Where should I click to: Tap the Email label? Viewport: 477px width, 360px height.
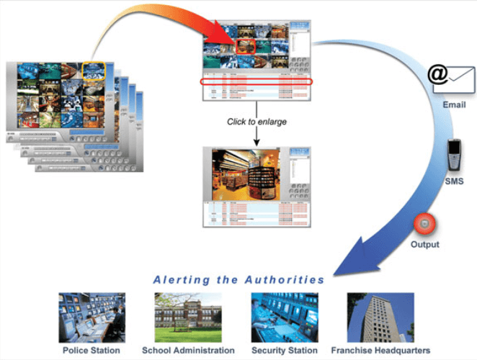click(454, 105)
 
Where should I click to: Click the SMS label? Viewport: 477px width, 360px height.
click(455, 181)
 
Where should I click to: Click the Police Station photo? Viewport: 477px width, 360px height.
click(92, 317)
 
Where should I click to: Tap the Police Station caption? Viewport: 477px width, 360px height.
click(92, 350)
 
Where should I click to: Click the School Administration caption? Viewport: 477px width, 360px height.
click(187, 350)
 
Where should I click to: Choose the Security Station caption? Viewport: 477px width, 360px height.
click(284, 350)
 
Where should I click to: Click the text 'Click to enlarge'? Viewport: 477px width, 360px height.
click(257, 122)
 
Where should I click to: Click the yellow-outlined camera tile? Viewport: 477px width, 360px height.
click(94, 70)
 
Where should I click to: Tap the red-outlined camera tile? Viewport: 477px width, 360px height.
click(246, 44)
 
